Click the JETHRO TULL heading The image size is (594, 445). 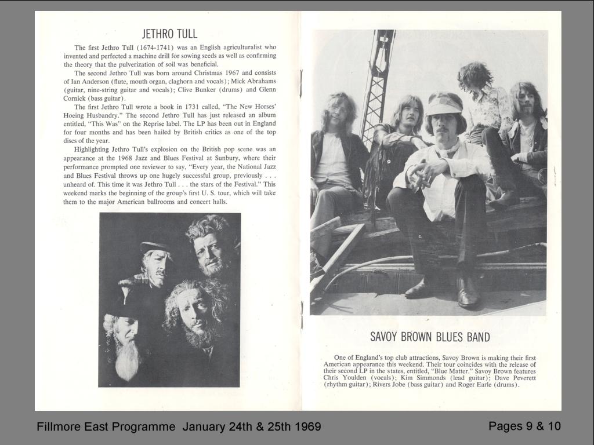169,34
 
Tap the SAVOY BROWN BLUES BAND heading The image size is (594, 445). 430,337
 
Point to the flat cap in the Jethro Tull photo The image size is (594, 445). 155,246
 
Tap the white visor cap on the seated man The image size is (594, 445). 444,107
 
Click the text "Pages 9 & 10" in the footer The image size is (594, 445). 524,426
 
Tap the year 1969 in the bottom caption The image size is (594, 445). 307,427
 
